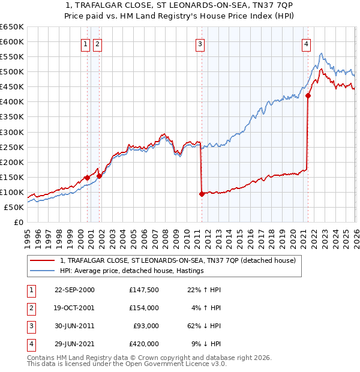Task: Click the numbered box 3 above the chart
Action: point(200,43)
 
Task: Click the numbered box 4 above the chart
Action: point(306,43)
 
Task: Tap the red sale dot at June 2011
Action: point(202,194)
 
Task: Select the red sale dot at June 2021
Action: point(308,95)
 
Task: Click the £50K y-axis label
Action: point(14,207)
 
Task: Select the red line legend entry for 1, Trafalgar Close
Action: point(178,261)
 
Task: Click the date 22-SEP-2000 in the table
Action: point(74,290)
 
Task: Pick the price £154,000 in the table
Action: point(144,308)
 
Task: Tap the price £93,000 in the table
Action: point(146,326)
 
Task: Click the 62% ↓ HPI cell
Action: point(205,326)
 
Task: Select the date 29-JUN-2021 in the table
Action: point(74,344)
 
